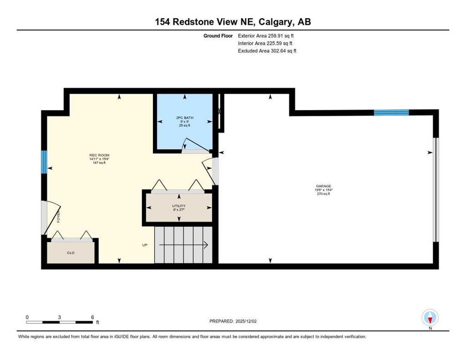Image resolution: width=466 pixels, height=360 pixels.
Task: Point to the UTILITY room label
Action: click(179, 206)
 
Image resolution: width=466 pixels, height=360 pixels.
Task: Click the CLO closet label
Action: click(71, 253)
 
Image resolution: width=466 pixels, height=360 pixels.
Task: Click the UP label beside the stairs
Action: click(145, 245)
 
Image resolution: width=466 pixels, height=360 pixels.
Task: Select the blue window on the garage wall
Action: click(391, 112)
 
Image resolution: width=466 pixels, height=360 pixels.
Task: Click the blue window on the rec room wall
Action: click(44, 162)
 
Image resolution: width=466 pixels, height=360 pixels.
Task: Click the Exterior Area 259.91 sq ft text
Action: click(266, 35)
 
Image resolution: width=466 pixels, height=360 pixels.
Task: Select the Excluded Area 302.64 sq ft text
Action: click(267, 51)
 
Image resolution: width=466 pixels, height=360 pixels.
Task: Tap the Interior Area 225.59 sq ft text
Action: click(265, 43)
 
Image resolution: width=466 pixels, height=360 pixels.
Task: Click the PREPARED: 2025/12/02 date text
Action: click(233, 321)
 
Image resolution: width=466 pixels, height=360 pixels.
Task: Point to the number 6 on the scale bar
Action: click(93, 317)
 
